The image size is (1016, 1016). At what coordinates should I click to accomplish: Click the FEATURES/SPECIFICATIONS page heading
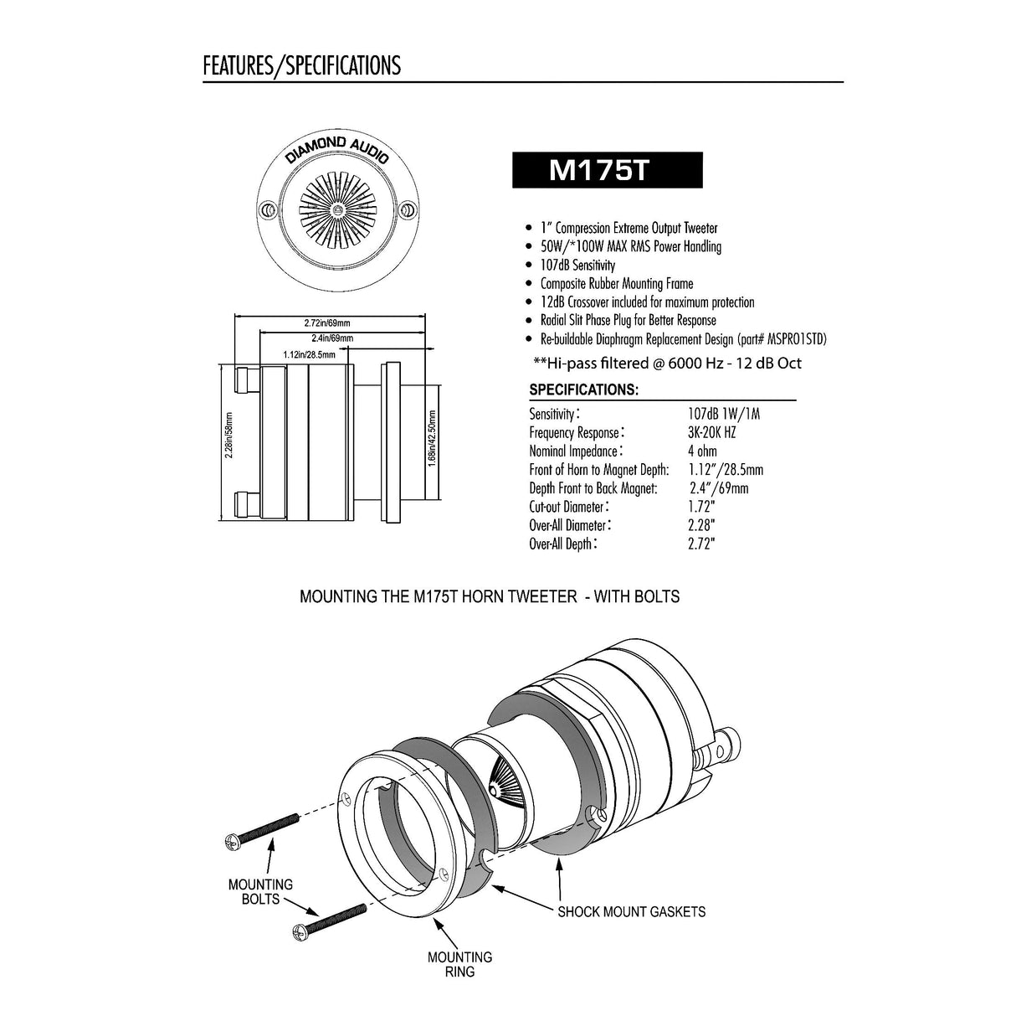(301, 65)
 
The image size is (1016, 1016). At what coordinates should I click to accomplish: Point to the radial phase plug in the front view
(336, 208)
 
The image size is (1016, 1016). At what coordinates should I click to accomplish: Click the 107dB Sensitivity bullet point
(577, 265)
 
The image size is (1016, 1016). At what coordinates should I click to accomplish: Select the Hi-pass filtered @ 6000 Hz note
(667, 363)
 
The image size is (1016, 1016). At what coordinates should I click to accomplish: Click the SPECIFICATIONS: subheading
(583, 390)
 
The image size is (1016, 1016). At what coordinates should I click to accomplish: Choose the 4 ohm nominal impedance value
(702, 451)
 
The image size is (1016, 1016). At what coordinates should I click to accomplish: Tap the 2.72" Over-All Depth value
(701, 544)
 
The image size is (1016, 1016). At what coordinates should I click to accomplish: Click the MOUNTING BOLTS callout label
(260, 891)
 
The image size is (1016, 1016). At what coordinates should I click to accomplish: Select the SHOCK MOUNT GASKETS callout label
(631, 911)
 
